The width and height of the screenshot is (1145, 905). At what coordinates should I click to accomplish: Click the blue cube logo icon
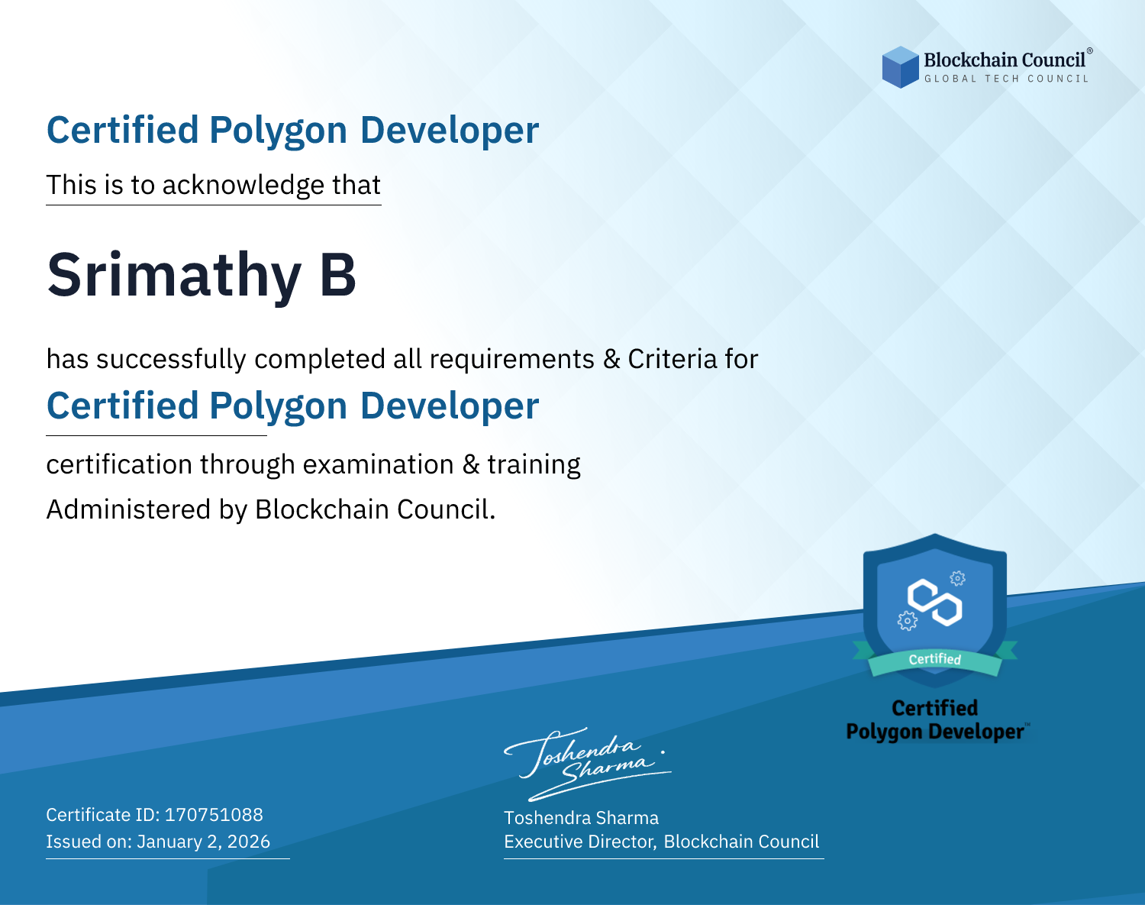900,67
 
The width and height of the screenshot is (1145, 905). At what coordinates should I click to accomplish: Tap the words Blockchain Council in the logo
1005,60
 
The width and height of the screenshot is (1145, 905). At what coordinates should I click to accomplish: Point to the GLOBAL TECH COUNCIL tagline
1007,79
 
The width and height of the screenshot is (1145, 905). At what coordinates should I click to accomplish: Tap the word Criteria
672,359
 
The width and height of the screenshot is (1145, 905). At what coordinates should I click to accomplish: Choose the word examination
379,464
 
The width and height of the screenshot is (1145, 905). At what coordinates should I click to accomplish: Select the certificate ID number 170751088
214,814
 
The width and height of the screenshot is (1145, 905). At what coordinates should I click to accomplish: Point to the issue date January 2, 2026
203,842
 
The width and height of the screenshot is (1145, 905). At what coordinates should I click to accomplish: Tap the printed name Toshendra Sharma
581,818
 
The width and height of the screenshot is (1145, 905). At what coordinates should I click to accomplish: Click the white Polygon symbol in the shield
935,603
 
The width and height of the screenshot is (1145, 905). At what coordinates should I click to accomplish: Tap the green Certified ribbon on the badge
935,659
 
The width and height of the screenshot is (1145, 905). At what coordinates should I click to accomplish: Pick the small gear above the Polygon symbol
957,578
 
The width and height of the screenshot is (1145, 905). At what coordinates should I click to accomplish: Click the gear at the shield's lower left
907,621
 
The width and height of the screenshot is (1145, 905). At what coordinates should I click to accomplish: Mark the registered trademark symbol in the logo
1089,51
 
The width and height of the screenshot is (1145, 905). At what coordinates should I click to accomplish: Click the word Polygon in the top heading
279,131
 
